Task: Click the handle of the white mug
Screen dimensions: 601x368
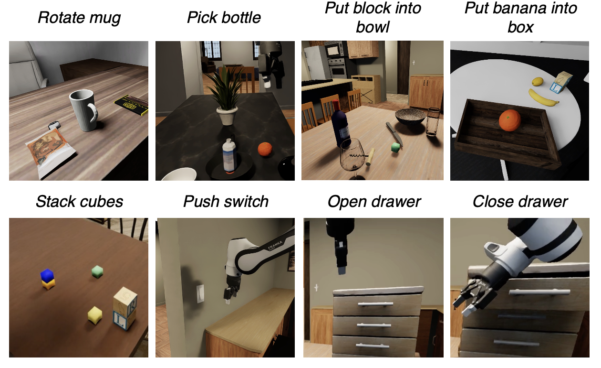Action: pos(94,112)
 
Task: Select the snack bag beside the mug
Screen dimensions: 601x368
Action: pos(51,152)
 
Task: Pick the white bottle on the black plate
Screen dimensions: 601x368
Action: pos(229,155)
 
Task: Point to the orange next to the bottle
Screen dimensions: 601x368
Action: pos(265,149)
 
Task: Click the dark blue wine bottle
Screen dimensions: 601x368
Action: pos(341,123)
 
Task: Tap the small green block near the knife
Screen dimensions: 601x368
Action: pos(395,148)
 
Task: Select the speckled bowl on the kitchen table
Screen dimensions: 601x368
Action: pos(410,117)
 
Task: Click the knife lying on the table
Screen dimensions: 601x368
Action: pos(394,134)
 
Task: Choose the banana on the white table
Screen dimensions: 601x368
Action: pos(543,98)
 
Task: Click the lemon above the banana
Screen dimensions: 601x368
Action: pos(538,81)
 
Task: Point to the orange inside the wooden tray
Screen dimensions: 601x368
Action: pos(509,120)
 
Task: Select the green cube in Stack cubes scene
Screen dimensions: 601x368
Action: pos(97,271)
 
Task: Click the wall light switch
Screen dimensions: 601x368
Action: pos(200,293)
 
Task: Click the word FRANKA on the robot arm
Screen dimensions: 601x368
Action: pos(275,245)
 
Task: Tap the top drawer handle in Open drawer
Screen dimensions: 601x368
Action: pos(375,304)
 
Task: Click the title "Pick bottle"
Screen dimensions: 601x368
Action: pos(224,18)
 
